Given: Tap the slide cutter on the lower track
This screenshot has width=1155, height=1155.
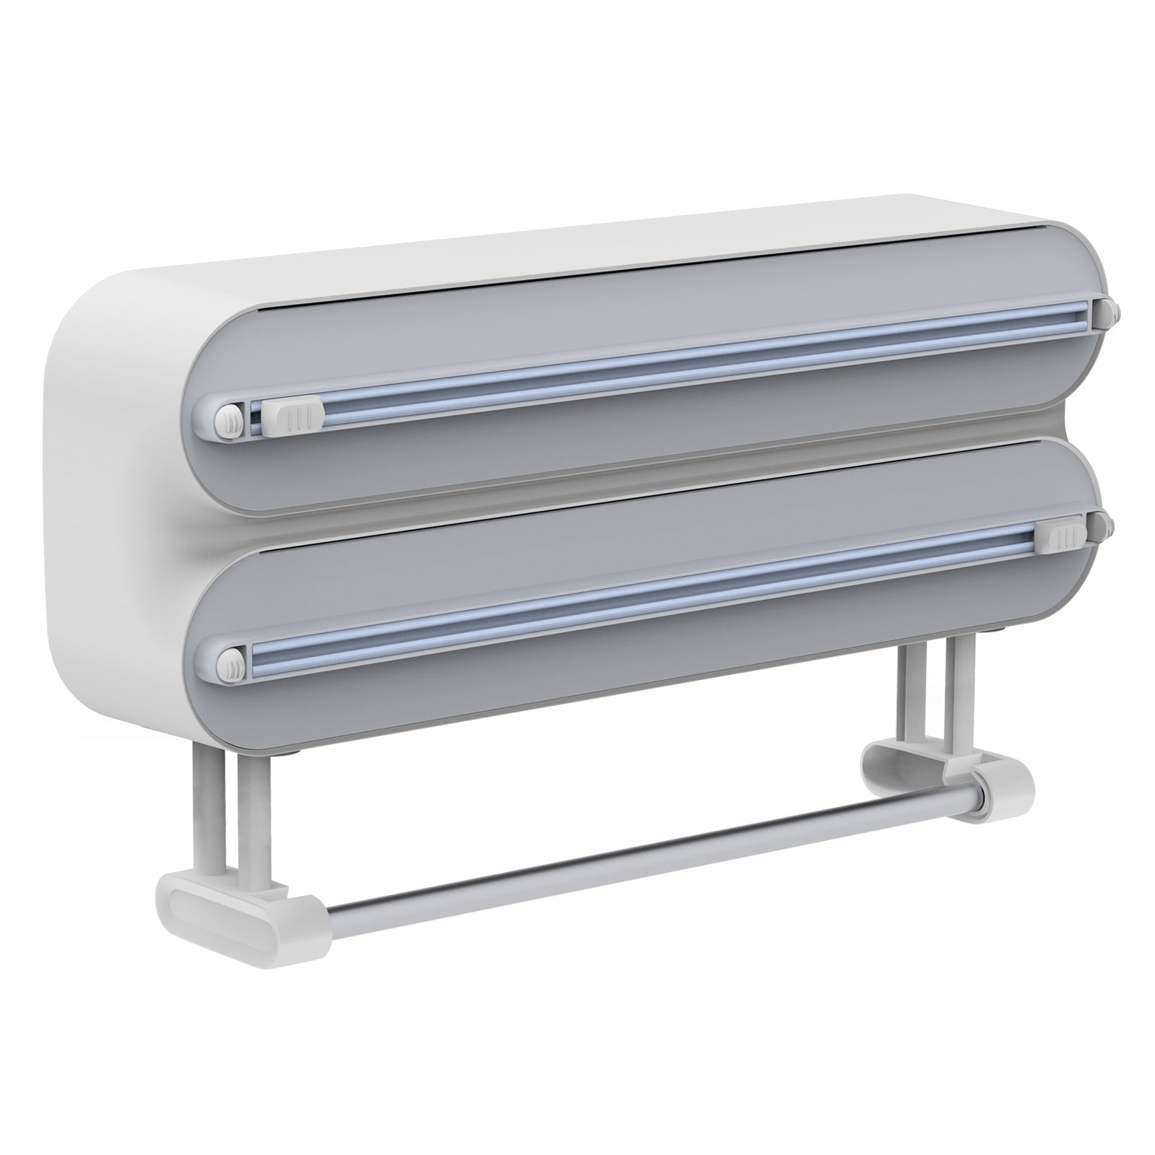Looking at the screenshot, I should (x=1065, y=537).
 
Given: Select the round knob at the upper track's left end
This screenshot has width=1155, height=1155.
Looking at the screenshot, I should (x=230, y=419).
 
